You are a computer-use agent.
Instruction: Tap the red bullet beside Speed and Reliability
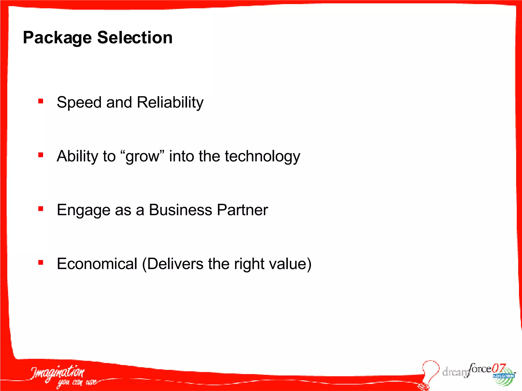pyautogui.click(x=41, y=101)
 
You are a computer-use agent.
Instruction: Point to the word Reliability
pyautogui.click(x=170, y=102)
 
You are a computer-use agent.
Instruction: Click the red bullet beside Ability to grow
pyautogui.click(x=41, y=155)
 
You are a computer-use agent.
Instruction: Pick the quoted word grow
pyautogui.click(x=142, y=156)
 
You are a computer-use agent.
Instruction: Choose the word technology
pyautogui.click(x=262, y=156)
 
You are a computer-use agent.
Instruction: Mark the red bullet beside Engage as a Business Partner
pyautogui.click(x=41, y=209)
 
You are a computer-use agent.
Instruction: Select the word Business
pyautogui.click(x=180, y=210)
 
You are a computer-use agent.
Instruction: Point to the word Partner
pyautogui.click(x=242, y=210)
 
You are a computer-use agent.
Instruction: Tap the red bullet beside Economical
pyautogui.click(x=41, y=262)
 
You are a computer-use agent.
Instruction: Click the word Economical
pyautogui.click(x=97, y=264)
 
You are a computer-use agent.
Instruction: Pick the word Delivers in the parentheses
pyautogui.click(x=175, y=264)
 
